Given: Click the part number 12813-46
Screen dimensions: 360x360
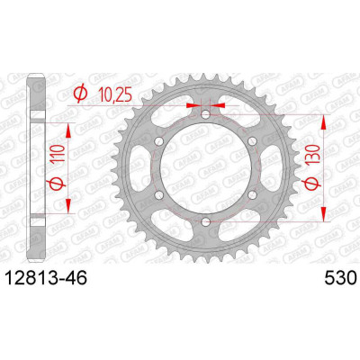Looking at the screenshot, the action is (47, 277).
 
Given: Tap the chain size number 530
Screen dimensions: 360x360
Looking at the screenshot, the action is (339, 277).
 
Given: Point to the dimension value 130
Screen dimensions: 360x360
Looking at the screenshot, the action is (311, 156).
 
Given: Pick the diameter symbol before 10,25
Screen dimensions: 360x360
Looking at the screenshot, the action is (81, 94).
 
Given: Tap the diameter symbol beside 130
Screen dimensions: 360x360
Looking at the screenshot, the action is (311, 182).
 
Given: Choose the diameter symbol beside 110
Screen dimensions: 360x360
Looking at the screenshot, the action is (56, 182).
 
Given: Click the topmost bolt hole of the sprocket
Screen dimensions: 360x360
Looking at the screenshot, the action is (205, 114).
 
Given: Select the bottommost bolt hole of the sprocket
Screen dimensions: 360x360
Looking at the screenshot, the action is (205, 222).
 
